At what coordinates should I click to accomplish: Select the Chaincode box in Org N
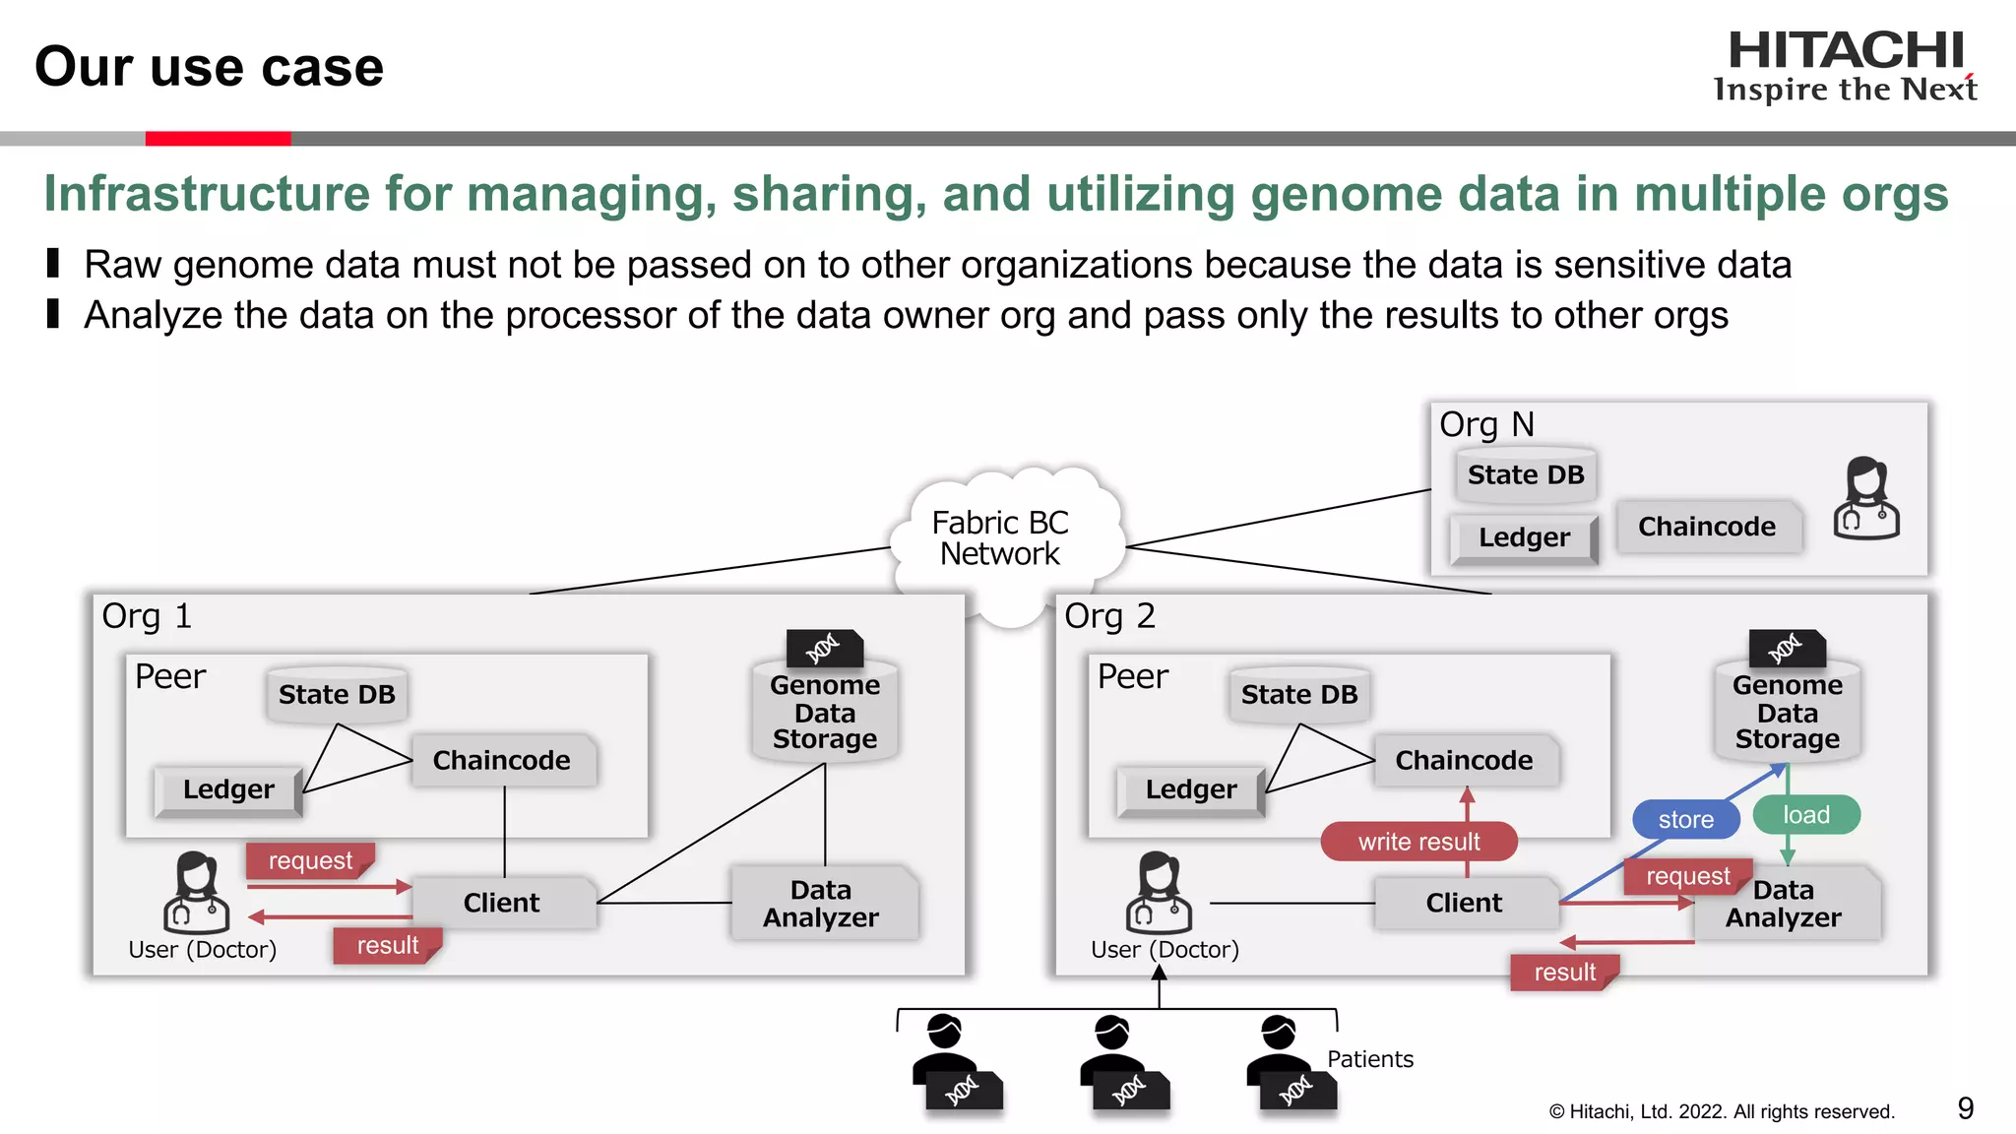point(1707,527)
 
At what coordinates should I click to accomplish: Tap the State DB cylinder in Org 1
point(337,695)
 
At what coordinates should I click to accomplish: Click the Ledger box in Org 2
point(1190,789)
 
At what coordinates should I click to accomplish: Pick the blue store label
point(1685,819)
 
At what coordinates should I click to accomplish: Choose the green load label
point(1806,815)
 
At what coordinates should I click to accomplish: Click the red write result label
point(1418,842)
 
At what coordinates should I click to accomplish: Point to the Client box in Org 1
point(502,903)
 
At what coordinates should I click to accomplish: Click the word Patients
point(1369,1059)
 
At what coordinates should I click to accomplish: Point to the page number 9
point(1965,1109)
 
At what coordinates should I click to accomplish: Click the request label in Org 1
point(310,860)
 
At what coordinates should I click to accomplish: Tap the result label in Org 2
point(1564,972)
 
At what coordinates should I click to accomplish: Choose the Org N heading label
point(1486,424)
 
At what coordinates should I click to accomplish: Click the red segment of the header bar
point(218,139)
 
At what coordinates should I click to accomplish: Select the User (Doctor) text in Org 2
point(1165,950)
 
